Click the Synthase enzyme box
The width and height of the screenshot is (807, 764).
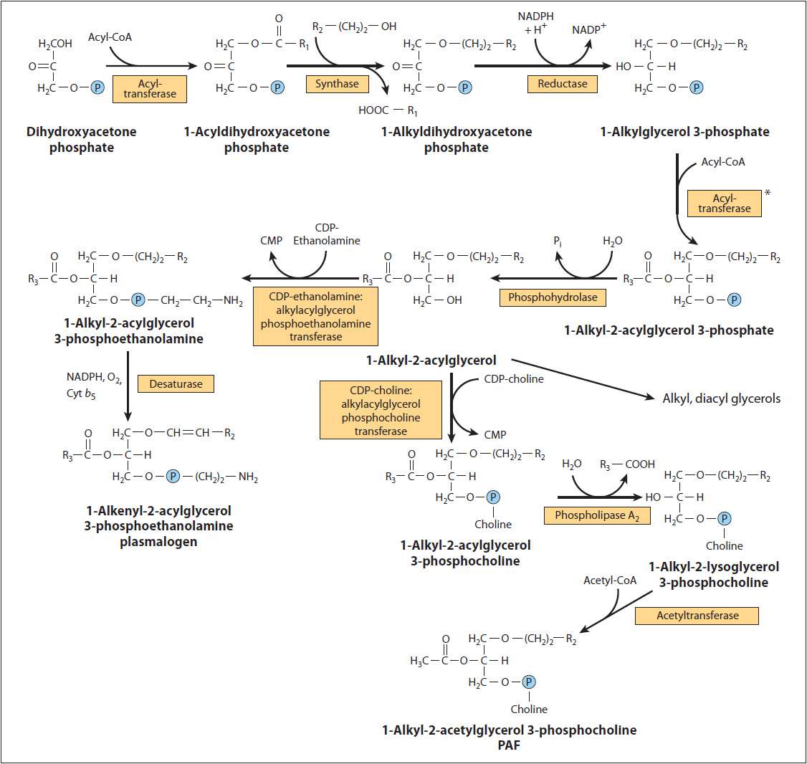337,84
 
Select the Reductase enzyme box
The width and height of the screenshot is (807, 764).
562,84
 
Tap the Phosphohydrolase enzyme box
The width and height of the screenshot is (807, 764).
553,297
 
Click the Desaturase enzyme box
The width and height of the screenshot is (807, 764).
176,384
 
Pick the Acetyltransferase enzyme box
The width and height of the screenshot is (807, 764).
697,615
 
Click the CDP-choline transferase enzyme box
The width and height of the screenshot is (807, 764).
381,409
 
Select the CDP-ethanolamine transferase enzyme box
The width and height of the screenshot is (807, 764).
315,317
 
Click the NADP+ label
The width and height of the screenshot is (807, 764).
589,30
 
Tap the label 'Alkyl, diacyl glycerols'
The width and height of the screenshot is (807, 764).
721,398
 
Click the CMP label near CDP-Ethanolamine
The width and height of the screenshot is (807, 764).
272,241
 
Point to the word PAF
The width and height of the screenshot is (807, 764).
509,745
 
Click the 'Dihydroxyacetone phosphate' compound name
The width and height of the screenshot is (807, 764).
81,140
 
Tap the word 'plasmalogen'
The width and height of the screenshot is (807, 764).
158,541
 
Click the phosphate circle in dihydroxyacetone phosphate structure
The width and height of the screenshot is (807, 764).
98,88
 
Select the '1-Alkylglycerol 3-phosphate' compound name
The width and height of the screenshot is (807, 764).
684,132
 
